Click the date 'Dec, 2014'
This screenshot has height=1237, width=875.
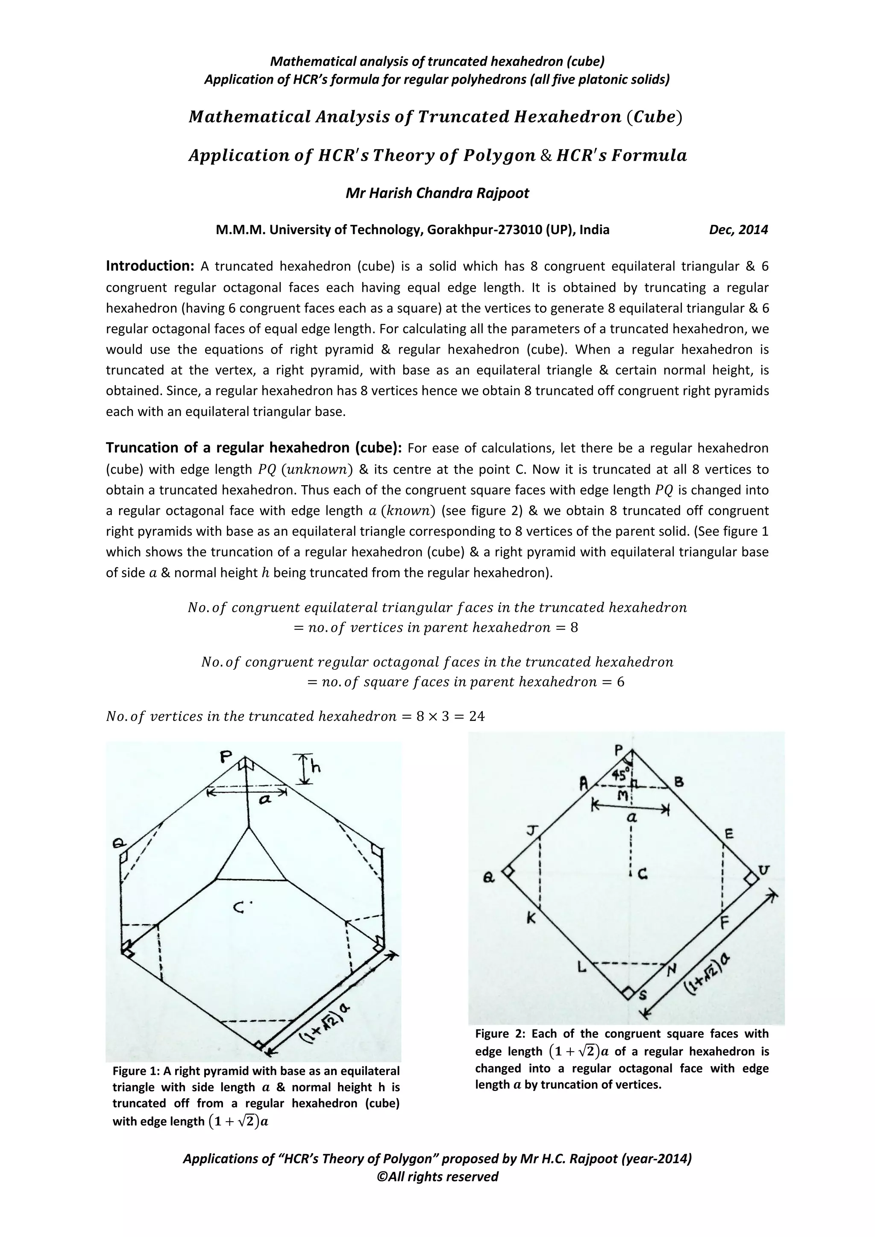[738, 230]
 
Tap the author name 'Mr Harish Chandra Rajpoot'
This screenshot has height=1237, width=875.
[437, 193]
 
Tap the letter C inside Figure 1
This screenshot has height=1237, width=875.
[239, 909]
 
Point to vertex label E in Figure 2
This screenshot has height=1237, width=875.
[729, 834]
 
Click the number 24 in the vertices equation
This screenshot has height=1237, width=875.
[476, 717]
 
